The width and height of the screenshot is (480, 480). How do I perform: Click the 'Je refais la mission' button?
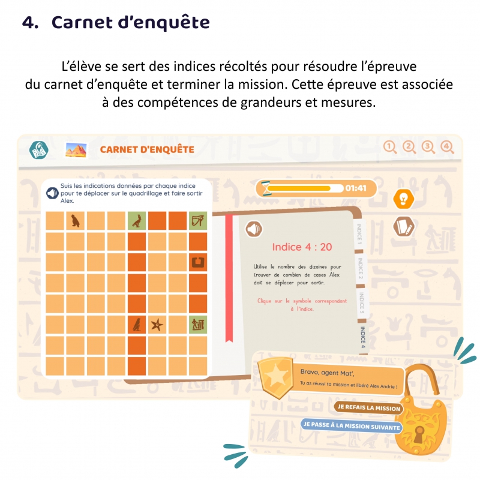(368, 408)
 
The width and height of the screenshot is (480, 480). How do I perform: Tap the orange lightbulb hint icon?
(403, 199)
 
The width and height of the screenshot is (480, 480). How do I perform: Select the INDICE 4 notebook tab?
(362, 337)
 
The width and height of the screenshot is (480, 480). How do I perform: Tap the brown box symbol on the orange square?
(197, 262)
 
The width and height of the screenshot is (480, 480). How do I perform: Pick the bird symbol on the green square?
(137, 221)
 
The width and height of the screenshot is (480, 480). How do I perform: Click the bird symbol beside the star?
(137, 325)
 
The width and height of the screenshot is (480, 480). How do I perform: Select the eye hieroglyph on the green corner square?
(197, 221)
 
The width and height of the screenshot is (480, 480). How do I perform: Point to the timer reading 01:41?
(356, 188)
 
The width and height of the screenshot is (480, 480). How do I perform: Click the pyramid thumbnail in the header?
(76, 149)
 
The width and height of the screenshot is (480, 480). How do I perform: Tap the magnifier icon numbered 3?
(428, 148)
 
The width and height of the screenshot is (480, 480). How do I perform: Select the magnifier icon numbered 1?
(391, 148)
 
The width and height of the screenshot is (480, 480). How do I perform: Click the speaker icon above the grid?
(52, 193)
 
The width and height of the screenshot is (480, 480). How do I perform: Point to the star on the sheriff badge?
(277, 376)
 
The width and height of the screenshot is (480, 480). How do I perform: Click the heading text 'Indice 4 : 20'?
(302, 247)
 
